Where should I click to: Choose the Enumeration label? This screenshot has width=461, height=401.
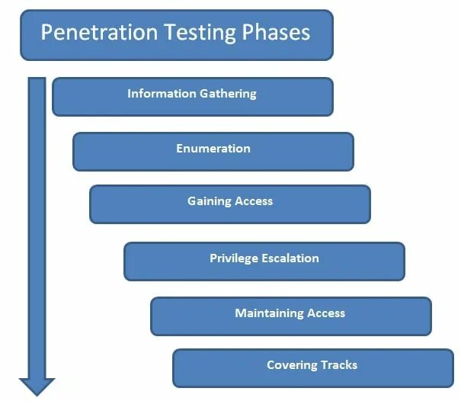pyautogui.click(x=213, y=149)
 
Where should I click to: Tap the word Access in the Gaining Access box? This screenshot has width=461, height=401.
pyautogui.click(x=253, y=201)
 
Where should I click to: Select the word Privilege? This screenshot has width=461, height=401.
pyautogui.click(x=234, y=258)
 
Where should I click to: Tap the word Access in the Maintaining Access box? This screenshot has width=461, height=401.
pyautogui.click(x=326, y=313)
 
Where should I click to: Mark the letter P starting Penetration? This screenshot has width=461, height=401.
pyautogui.click(x=46, y=33)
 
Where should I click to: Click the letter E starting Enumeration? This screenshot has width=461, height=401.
pyautogui.click(x=180, y=149)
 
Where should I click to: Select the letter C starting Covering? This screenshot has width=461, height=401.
pyautogui.click(x=271, y=365)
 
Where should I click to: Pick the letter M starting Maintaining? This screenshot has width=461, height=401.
pyautogui.click(x=240, y=313)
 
